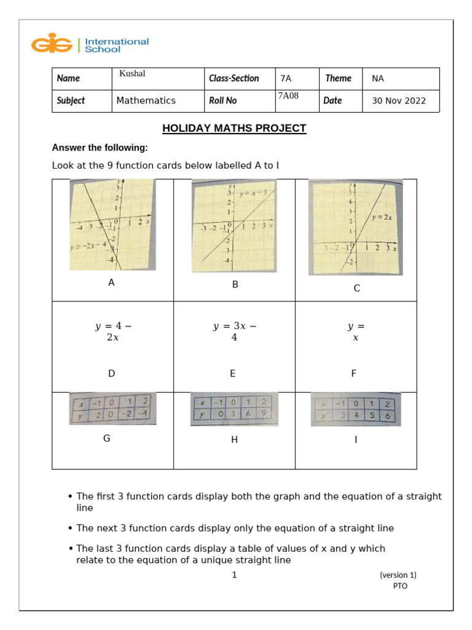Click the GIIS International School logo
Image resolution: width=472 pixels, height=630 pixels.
[90, 45]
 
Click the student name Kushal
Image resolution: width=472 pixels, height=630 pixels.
[132, 74]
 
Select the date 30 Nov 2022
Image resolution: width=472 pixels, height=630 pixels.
[398, 101]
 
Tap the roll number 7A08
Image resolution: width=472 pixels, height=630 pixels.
[288, 95]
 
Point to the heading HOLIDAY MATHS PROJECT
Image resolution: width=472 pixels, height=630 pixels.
[234, 129]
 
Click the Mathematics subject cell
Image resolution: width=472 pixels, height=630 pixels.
[146, 101]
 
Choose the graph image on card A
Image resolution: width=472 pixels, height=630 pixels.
[112, 225]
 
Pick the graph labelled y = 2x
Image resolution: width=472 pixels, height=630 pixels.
[355, 227]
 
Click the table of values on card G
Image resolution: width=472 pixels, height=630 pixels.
[112, 409]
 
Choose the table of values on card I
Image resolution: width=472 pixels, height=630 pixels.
[356, 409]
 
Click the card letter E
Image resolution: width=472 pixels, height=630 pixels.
[234, 373]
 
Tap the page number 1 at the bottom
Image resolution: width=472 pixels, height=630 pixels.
[234, 575]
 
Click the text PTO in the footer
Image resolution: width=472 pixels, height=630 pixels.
[400, 586]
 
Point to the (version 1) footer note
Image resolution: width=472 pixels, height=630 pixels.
[398, 575]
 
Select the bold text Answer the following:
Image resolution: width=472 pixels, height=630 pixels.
[100, 148]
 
